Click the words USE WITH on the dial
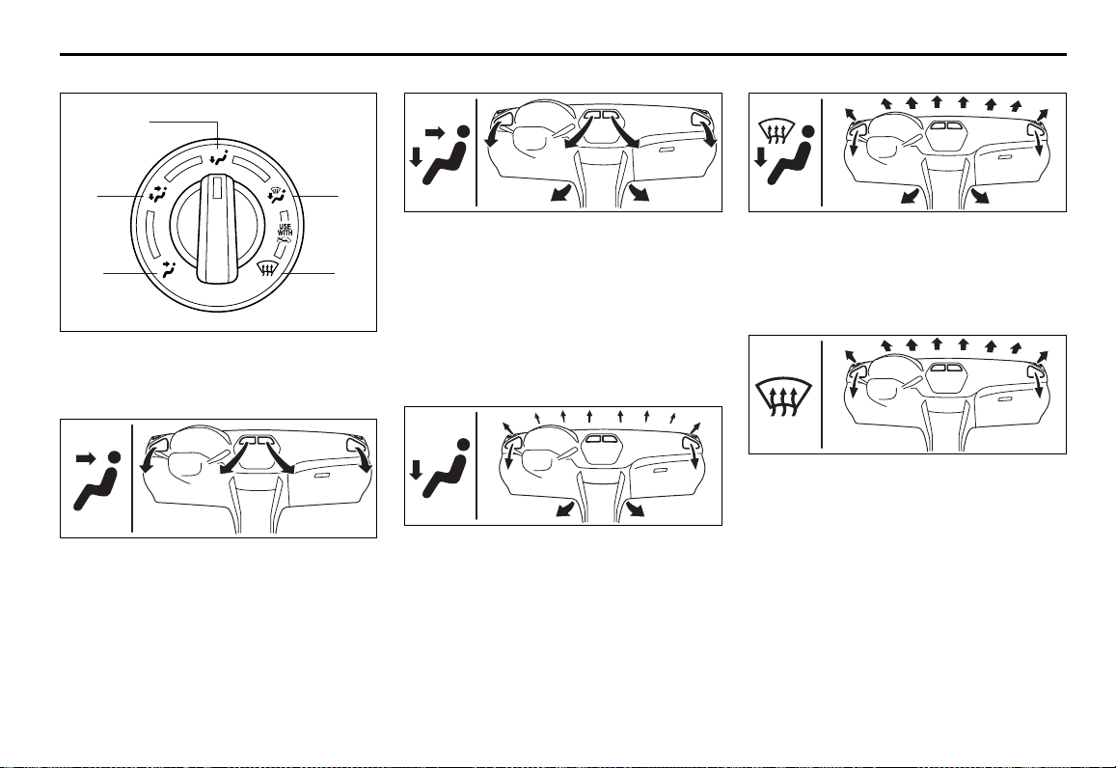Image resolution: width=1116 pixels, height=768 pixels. click(285, 230)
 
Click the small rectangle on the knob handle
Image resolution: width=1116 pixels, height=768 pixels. click(217, 189)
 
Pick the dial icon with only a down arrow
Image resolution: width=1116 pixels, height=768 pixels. click(220, 158)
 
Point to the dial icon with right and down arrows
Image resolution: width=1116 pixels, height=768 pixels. click(157, 194)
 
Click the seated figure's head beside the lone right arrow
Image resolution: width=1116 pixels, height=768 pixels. click(114, 457)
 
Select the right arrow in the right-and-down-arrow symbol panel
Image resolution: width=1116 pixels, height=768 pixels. click(434, 132)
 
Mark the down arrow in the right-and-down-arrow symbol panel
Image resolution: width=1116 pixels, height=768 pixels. click(417, 157)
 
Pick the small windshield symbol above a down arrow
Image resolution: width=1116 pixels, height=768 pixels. click(776, 129)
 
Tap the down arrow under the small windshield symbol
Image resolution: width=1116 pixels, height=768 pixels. click(760, 156)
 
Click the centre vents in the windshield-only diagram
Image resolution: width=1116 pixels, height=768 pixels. click(943, 369)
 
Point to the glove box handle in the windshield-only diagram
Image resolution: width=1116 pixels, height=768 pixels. click(1006, 398)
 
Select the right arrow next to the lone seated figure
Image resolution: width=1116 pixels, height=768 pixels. click(86, 459)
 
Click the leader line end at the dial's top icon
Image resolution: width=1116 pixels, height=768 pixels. click(218, 148)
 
